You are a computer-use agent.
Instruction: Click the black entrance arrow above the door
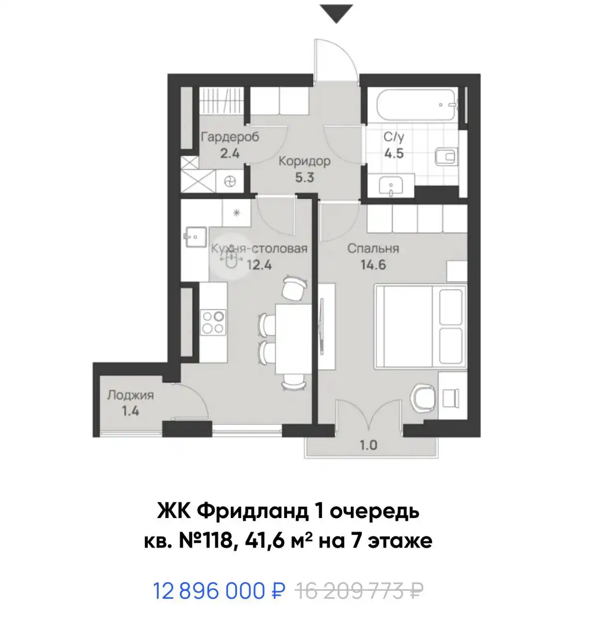pos(336,13)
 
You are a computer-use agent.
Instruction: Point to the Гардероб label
pos(230,137)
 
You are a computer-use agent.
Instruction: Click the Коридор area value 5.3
pos(304,177)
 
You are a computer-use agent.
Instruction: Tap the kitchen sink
pos(195,237)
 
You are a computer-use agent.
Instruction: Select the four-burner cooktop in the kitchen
pos(213,321)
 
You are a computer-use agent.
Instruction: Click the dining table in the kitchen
pos(294,338)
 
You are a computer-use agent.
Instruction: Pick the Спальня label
pos(373,248)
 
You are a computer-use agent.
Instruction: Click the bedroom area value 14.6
pos(373,265)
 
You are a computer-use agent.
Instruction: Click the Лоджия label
pos(130,395)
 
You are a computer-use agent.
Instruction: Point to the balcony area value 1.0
pos(368,445)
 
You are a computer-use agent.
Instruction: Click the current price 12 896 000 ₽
pos(219,591)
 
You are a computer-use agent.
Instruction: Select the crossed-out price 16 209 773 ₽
pos(359,591)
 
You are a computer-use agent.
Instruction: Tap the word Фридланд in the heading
pos(253,511)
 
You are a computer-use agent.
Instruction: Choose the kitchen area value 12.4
pos(260,265)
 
